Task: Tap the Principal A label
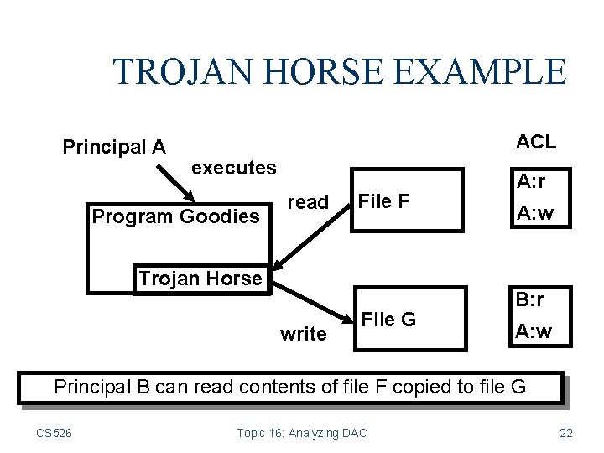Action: coord(114,147)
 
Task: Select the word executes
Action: coord(234,168)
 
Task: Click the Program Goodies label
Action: coord(176,216)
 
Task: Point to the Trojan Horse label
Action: coord(200,279)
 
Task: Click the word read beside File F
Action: coord(308,202)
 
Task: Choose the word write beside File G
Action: coord(304,334)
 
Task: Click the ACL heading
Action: coord(536,142)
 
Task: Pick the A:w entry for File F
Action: coord(534,214)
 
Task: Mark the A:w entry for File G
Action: coord(534,331)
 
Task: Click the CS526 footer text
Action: coord(54,433)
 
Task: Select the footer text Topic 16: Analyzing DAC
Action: coord(301,433)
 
